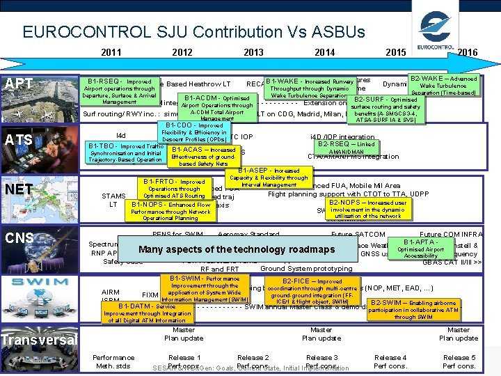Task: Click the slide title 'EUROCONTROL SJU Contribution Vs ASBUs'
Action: (193, 32)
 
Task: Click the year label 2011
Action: (111, 52)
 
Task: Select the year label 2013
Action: (253, 52)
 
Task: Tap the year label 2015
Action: (397, 52)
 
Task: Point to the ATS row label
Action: (18, 139)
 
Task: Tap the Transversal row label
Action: (39, 340)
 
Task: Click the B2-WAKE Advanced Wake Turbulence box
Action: (444, 86)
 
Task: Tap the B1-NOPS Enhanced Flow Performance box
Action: (170, 210)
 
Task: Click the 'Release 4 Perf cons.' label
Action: (390, 361)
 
